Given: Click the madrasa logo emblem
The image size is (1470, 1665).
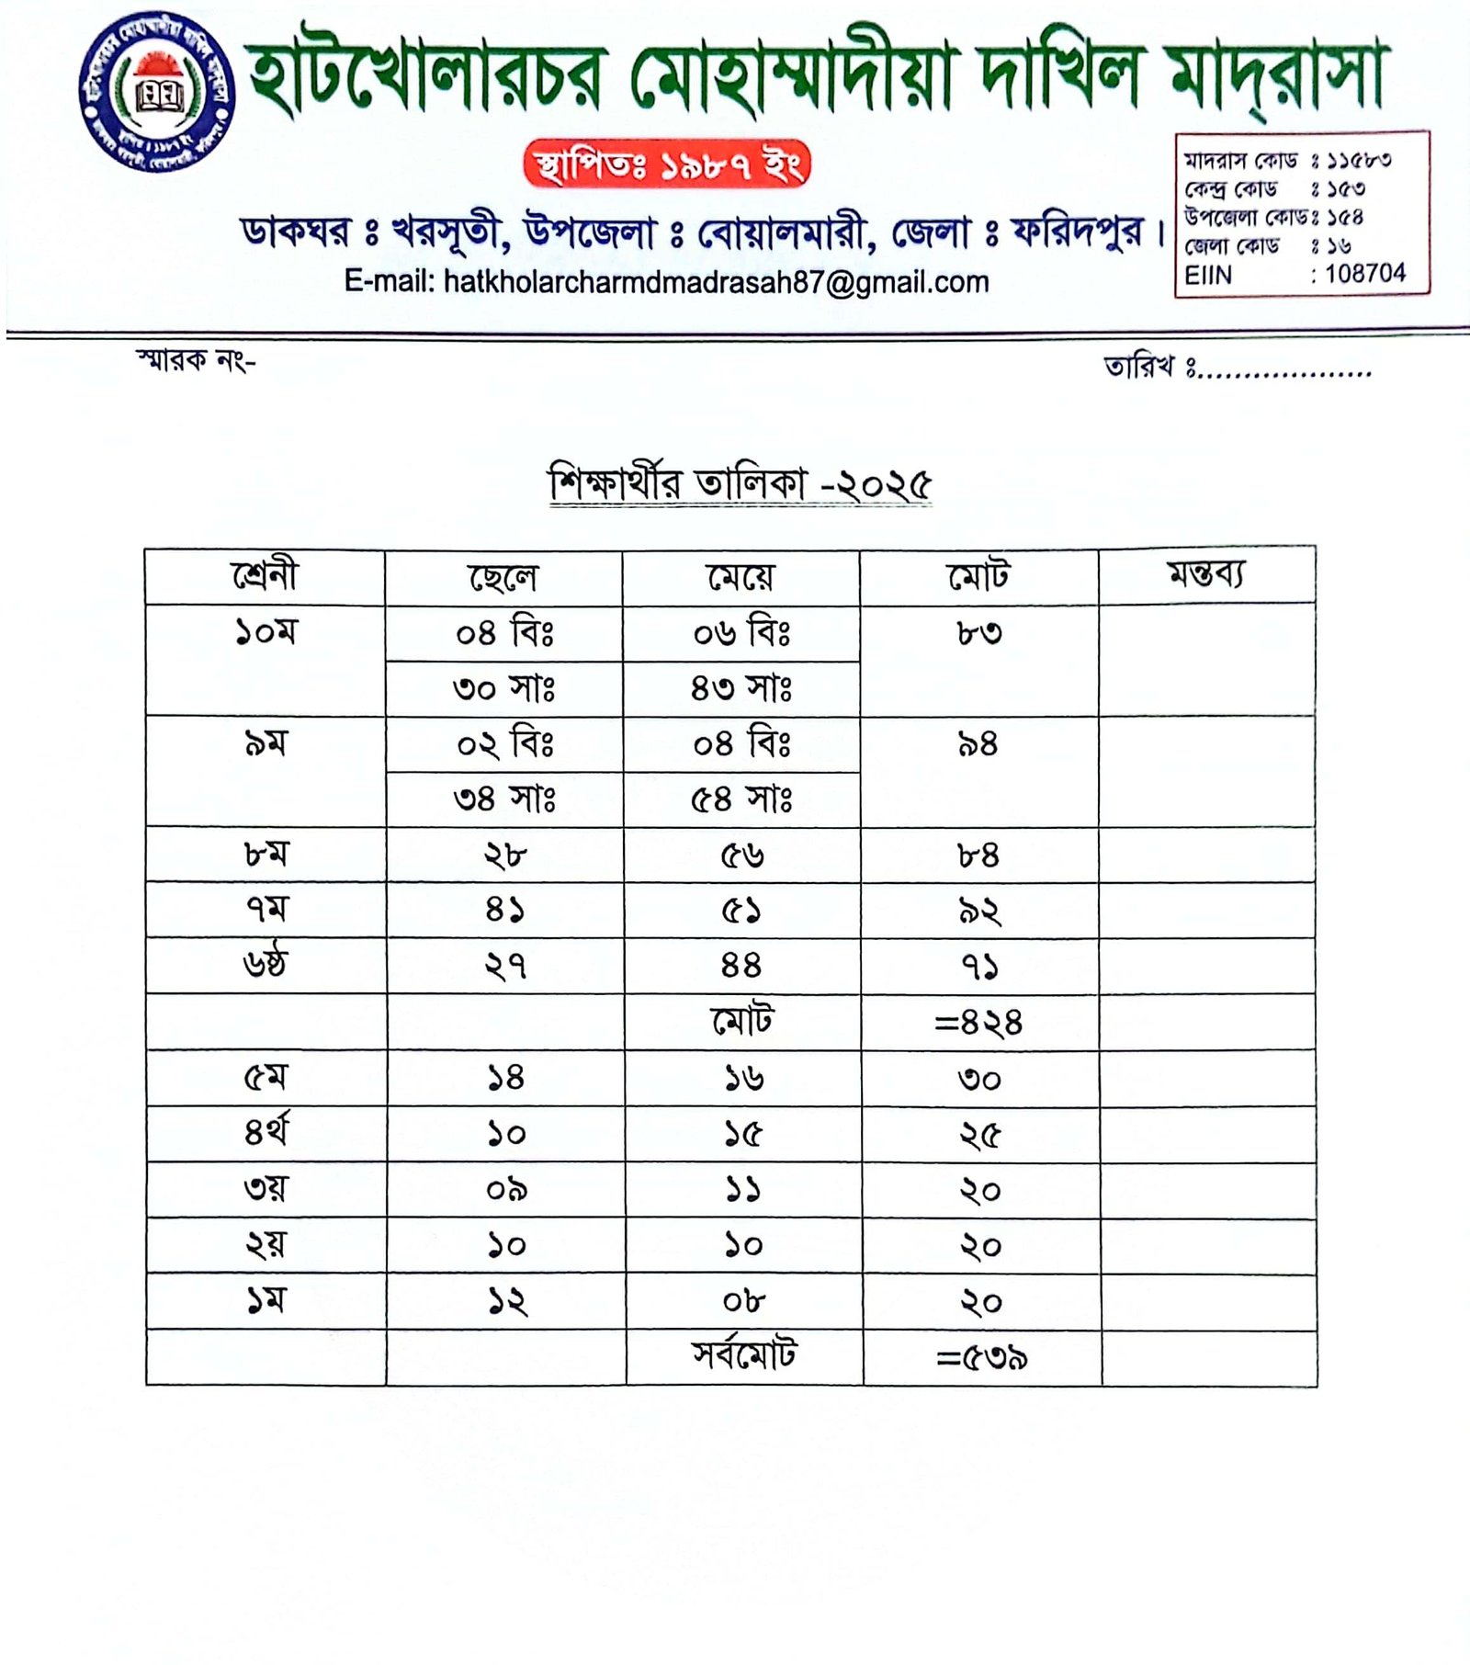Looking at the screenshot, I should [157, 93].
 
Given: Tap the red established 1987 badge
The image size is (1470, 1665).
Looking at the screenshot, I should [666, 164].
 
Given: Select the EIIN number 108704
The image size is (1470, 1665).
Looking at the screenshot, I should [1364, 273].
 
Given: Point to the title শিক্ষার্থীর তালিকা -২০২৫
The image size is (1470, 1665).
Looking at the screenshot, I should [741, 484].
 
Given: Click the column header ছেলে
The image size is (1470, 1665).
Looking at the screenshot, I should [503, 577].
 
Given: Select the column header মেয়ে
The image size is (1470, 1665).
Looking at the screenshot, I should [741, 577].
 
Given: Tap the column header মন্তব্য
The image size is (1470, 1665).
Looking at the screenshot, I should [1206, 574].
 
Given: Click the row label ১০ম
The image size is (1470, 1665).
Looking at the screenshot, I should [266, 632].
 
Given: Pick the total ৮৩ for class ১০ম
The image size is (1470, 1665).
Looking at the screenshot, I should [978, 633].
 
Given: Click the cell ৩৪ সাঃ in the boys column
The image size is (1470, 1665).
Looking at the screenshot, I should [504, 799].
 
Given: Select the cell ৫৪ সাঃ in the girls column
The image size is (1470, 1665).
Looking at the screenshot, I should [741, 799].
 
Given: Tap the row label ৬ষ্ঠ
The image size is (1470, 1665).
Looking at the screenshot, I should [266, 965].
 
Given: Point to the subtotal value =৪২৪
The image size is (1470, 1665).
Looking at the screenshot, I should [978, 1022].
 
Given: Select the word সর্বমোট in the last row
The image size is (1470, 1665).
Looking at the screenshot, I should [744, 1355].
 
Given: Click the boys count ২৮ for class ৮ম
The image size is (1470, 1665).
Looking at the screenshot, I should [505, 855].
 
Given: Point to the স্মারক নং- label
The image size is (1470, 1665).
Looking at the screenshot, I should [196, 361].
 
